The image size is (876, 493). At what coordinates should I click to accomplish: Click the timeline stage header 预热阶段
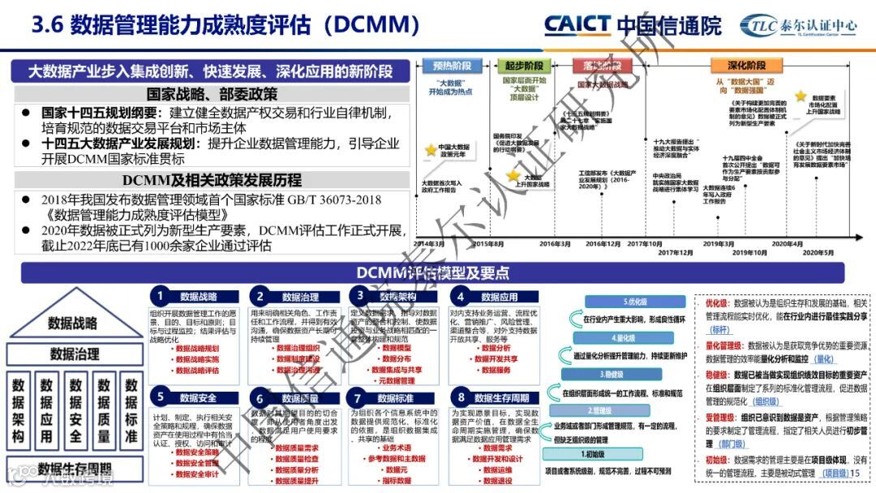(x=452, y=66)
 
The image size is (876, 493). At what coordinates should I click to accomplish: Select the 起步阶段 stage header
(x=525, y=66)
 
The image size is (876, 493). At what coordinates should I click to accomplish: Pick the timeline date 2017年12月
(x=675, y=253)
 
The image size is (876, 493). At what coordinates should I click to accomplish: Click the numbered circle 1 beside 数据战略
(x=161, y=296)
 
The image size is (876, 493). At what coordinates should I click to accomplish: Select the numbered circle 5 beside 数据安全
(x=161, y=397)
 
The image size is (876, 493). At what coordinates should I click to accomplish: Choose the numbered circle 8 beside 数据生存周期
(x=461, y=397)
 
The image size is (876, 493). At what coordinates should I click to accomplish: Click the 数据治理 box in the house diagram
(x=75, y=354)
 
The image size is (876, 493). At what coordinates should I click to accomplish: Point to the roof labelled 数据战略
(x=73, y=323)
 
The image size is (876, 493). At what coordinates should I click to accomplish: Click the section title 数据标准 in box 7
(x=395, y=398)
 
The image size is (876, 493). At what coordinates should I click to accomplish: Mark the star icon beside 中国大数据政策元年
(x=432, y=150)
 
